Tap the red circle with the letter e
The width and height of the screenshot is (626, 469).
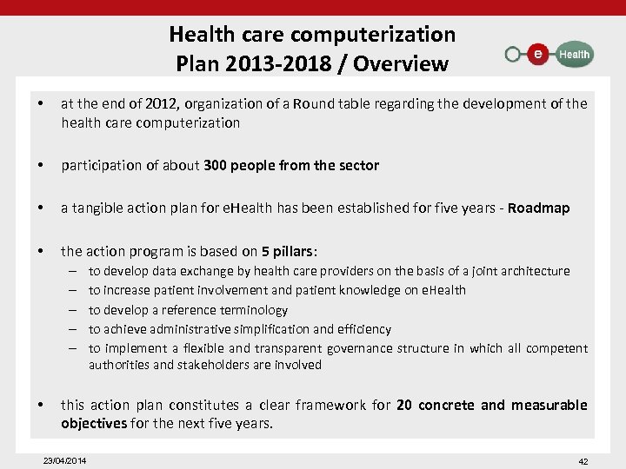click(538, 54)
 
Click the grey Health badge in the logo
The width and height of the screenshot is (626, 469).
click(573, 54)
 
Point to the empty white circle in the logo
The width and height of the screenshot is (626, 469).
click(513, 54)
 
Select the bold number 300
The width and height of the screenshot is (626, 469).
click(215, 165)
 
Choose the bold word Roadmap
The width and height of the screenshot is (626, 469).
click(539, 208)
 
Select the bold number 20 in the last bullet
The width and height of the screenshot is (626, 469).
click(404, 405)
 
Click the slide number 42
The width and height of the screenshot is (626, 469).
click(583, 461)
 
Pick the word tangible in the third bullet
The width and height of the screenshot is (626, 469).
click(98, 208)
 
